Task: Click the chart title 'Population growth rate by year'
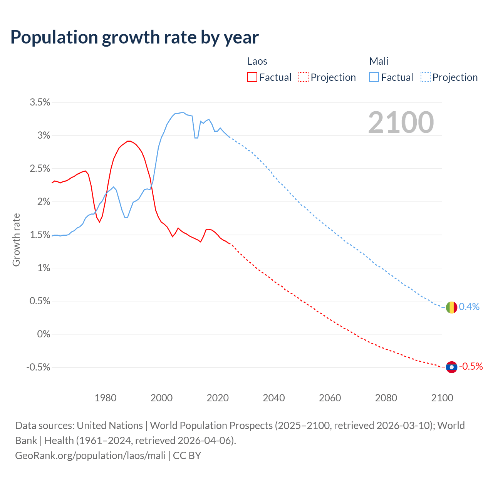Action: [x=134, y=37]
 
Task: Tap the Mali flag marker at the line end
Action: [x=451, y=307]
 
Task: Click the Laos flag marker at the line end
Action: [x=451, y=367]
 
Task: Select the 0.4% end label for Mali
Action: [x=469, y=307]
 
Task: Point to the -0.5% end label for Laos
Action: [x=471, y=366]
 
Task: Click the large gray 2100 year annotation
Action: [x=401, y=122]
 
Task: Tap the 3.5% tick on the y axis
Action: [x=40, y=102]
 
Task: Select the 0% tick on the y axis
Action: [x=44, y=334]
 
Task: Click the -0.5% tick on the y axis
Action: [x=39, y=367]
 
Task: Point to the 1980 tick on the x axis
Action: [x=106, y=398]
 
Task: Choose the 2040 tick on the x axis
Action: [x=274, y=398]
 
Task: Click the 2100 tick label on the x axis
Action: [x=442, y=398]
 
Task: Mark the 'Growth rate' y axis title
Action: [x=16, y=240]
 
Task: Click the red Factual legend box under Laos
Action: [x=252, y=77]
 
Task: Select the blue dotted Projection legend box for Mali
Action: [x=426, y=77]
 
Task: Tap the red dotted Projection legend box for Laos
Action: [x=304, y=77]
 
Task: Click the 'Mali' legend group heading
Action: [x=379, y=61]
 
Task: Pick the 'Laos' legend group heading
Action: [x=257, y=61]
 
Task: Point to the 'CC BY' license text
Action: [x=187, y=456]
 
